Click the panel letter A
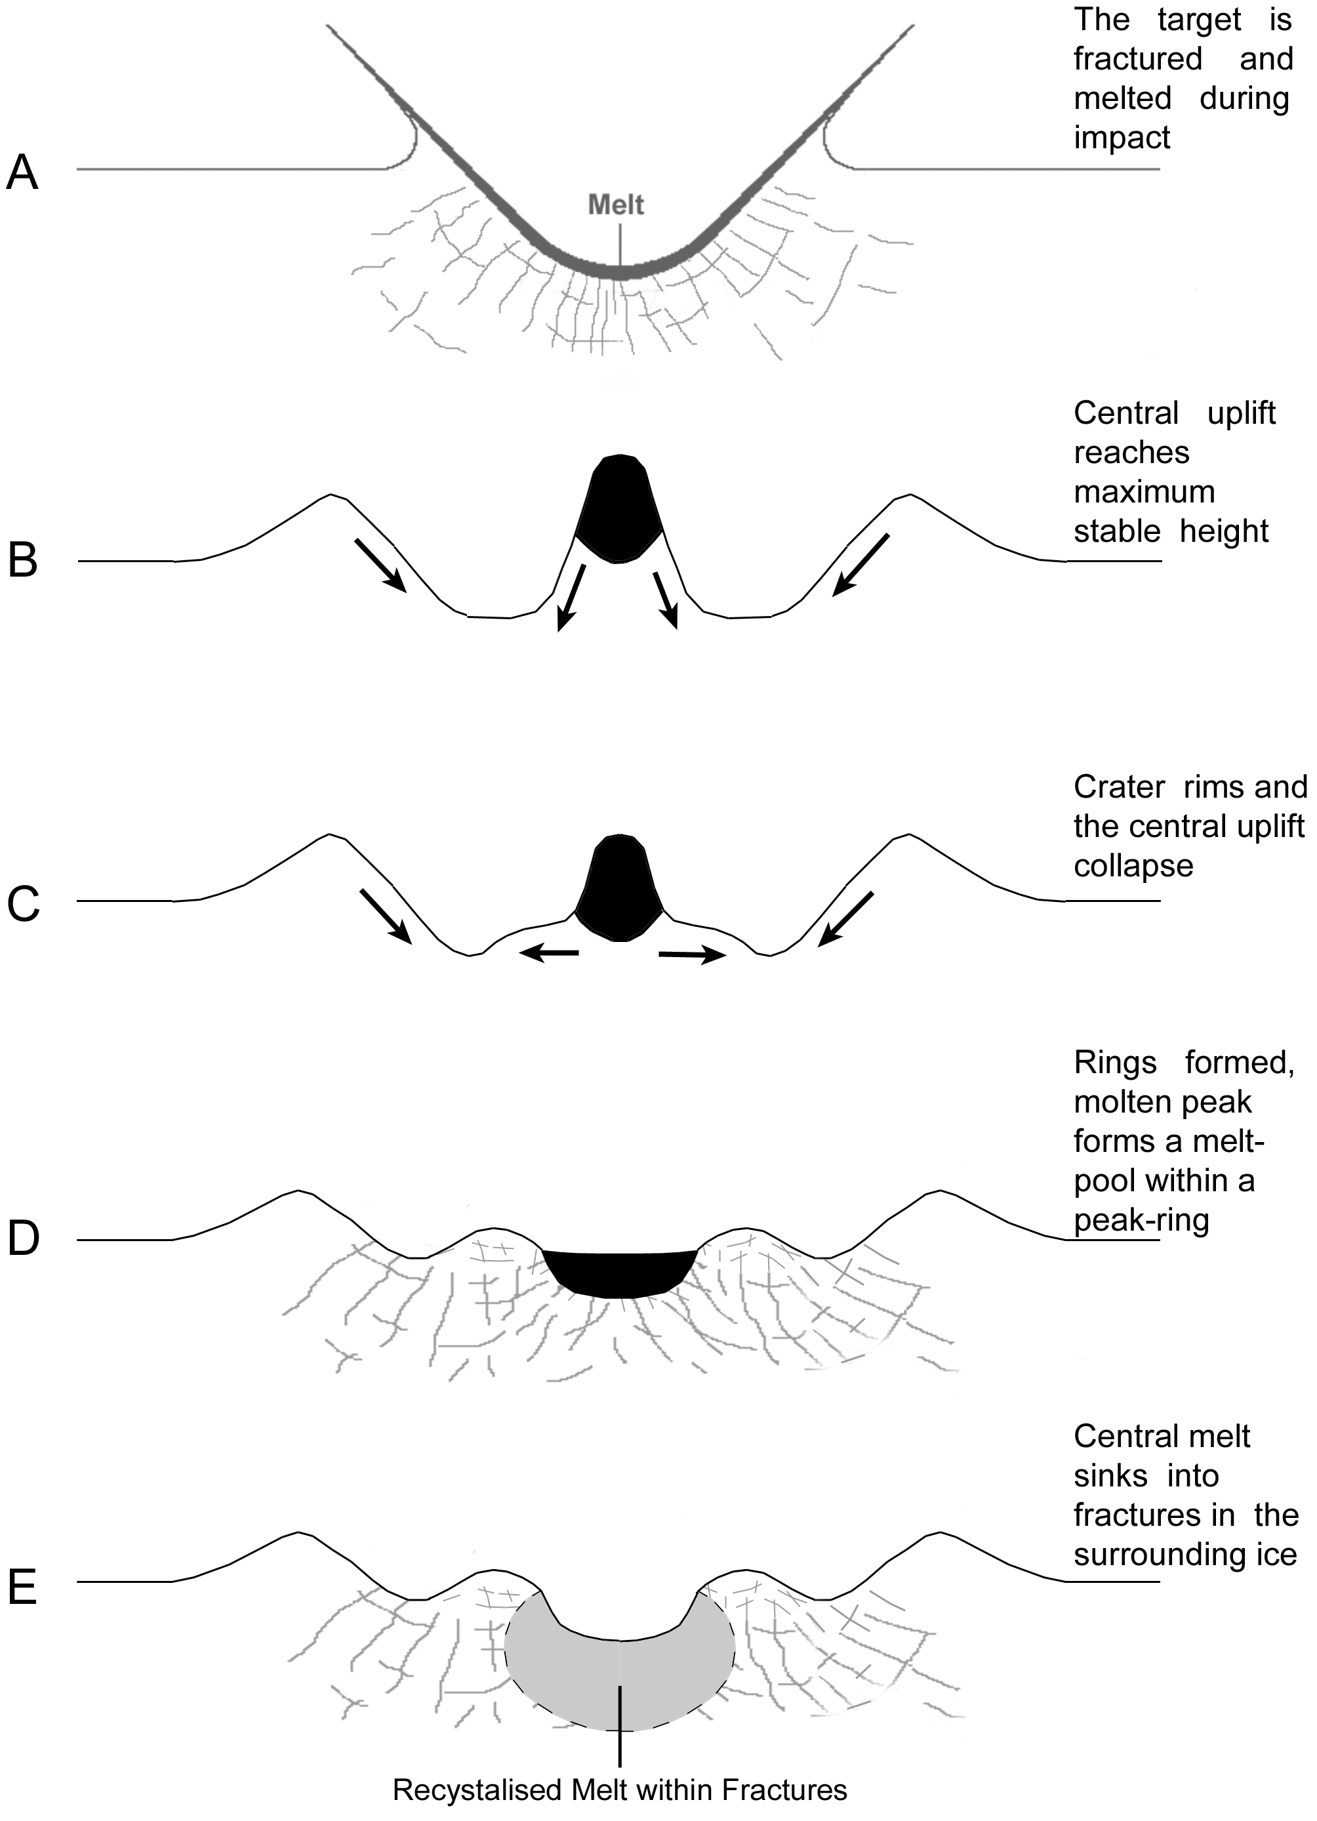coord(22,173)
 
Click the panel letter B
coord(22,562)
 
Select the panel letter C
coord(22,904)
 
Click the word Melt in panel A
coord(616,205)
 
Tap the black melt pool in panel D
coord(618,1272)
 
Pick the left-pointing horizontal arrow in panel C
coord(549,953)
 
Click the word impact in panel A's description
coord(1122,139)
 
